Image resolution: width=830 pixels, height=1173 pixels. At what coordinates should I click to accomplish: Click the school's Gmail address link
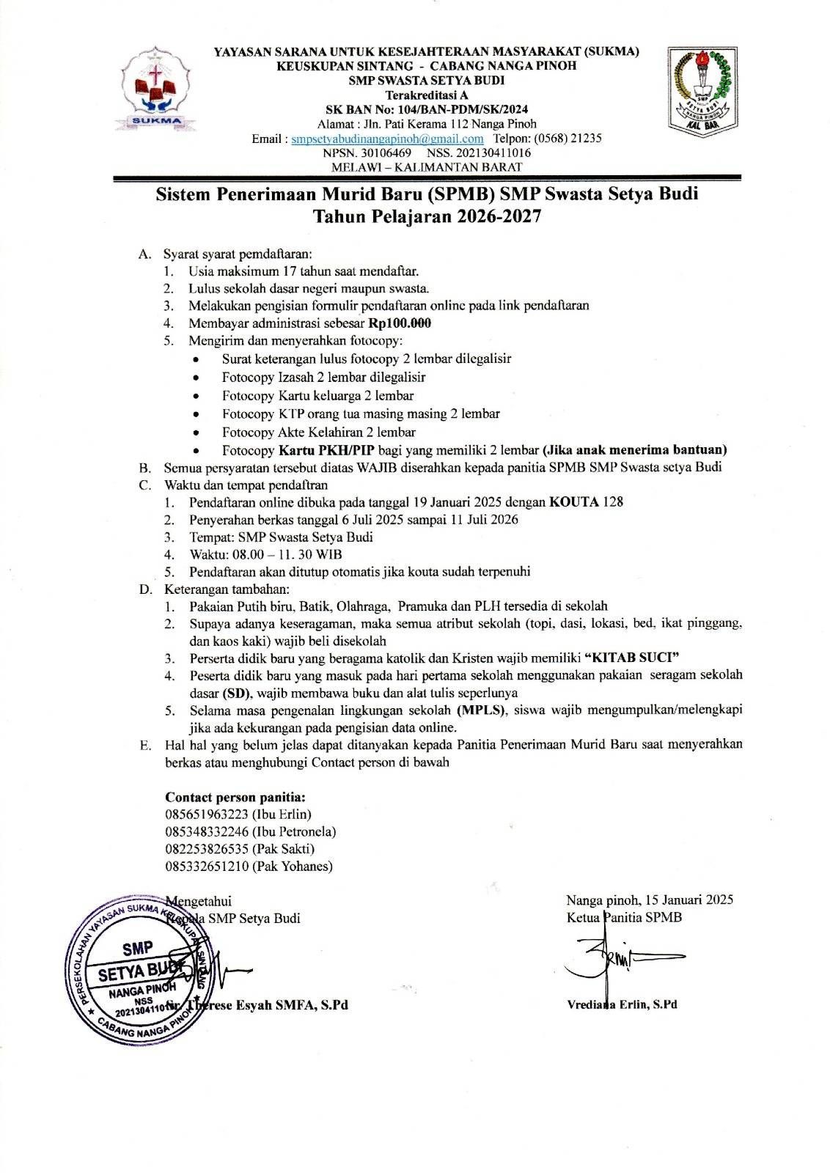coord(387,139)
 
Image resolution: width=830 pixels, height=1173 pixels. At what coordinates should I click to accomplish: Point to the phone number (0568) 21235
coord(568,139)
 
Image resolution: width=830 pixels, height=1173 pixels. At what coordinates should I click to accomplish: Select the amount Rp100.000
coord(400,323)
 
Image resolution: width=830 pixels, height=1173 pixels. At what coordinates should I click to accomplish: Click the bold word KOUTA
coord(574,502)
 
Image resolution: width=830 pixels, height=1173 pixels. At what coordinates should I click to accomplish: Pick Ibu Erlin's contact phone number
coord(207,815)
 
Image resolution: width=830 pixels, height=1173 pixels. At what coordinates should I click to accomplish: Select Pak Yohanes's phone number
coord(207,867)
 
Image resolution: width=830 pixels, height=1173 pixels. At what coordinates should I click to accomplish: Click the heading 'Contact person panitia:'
coord(235,798)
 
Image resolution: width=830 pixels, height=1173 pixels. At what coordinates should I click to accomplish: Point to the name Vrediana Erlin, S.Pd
coord(622,1004)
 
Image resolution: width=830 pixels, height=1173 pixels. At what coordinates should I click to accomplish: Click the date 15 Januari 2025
coord(686,900)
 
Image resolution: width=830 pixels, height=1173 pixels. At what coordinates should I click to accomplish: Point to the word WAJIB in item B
coord(374,467)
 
